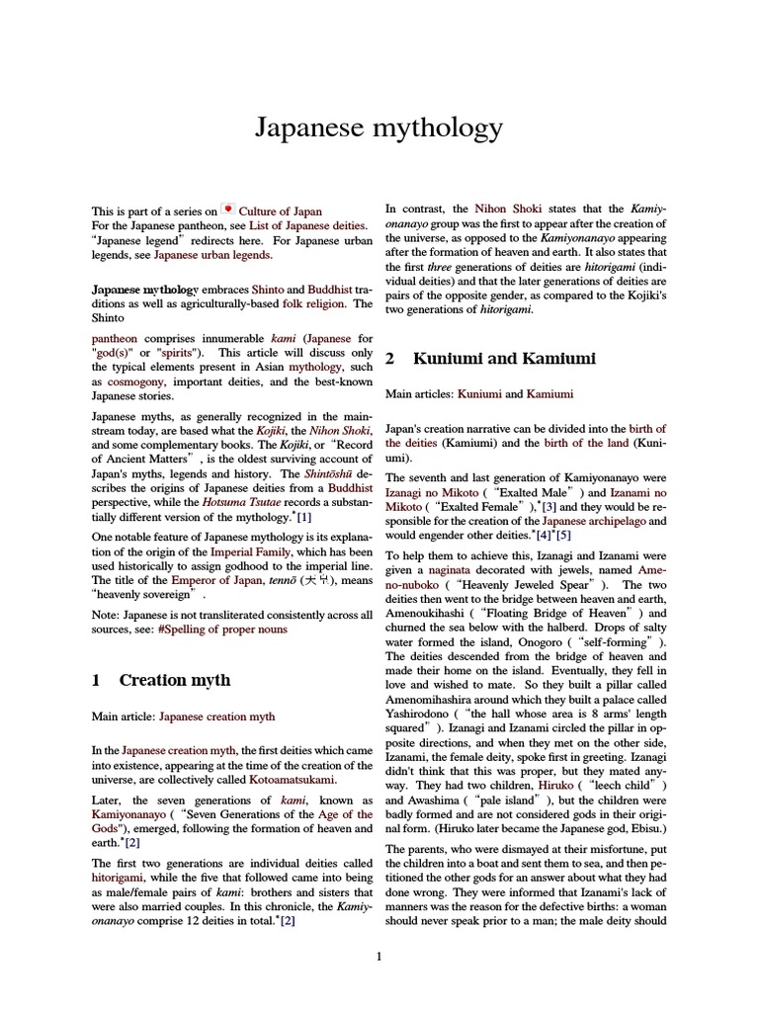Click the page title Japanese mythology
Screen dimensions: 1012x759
click(x=379, y=127)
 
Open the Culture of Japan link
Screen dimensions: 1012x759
click(x=281, y=211)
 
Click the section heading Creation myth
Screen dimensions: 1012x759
click(x=175, y=680)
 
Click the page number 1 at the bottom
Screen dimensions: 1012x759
click(x=379, y=956)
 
